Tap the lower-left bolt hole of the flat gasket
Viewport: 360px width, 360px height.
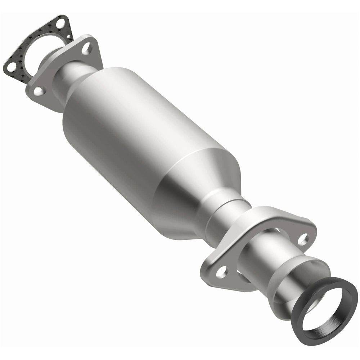[x=11, y=67]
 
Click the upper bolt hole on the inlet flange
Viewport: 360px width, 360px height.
[x=86, y=49]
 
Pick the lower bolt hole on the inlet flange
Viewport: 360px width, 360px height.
[x=39, y=91]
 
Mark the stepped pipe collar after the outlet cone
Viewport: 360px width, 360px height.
[x=230, y=212]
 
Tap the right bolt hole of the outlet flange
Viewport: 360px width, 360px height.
[x=303, y=238]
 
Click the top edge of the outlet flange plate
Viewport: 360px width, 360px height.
[x=281, y=212]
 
